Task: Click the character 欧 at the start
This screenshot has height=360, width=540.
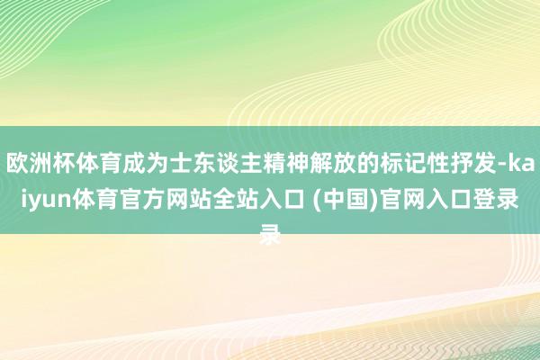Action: (x=17, y=164)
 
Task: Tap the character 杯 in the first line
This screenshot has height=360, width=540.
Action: (x=64, y=164)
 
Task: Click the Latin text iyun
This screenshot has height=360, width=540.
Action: (x=46, y=200)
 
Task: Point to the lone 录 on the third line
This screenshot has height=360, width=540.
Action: (x=270, y=235)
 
